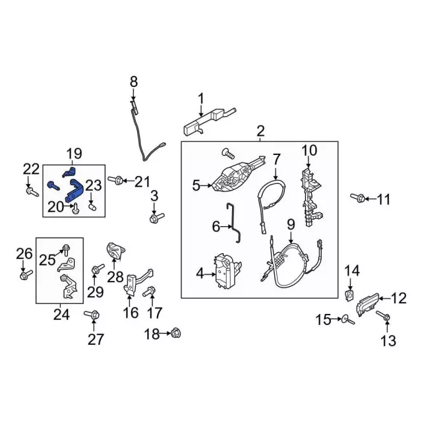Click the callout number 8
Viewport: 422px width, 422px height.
[134, 82]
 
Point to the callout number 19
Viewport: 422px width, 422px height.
[74, 154]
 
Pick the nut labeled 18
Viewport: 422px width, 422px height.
[175, 334]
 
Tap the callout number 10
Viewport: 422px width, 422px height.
[310, 151]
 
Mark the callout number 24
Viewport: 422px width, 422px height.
[61, 315]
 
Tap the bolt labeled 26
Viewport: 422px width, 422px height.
[24, 275]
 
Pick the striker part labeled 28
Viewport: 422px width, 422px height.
[117, 253]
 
